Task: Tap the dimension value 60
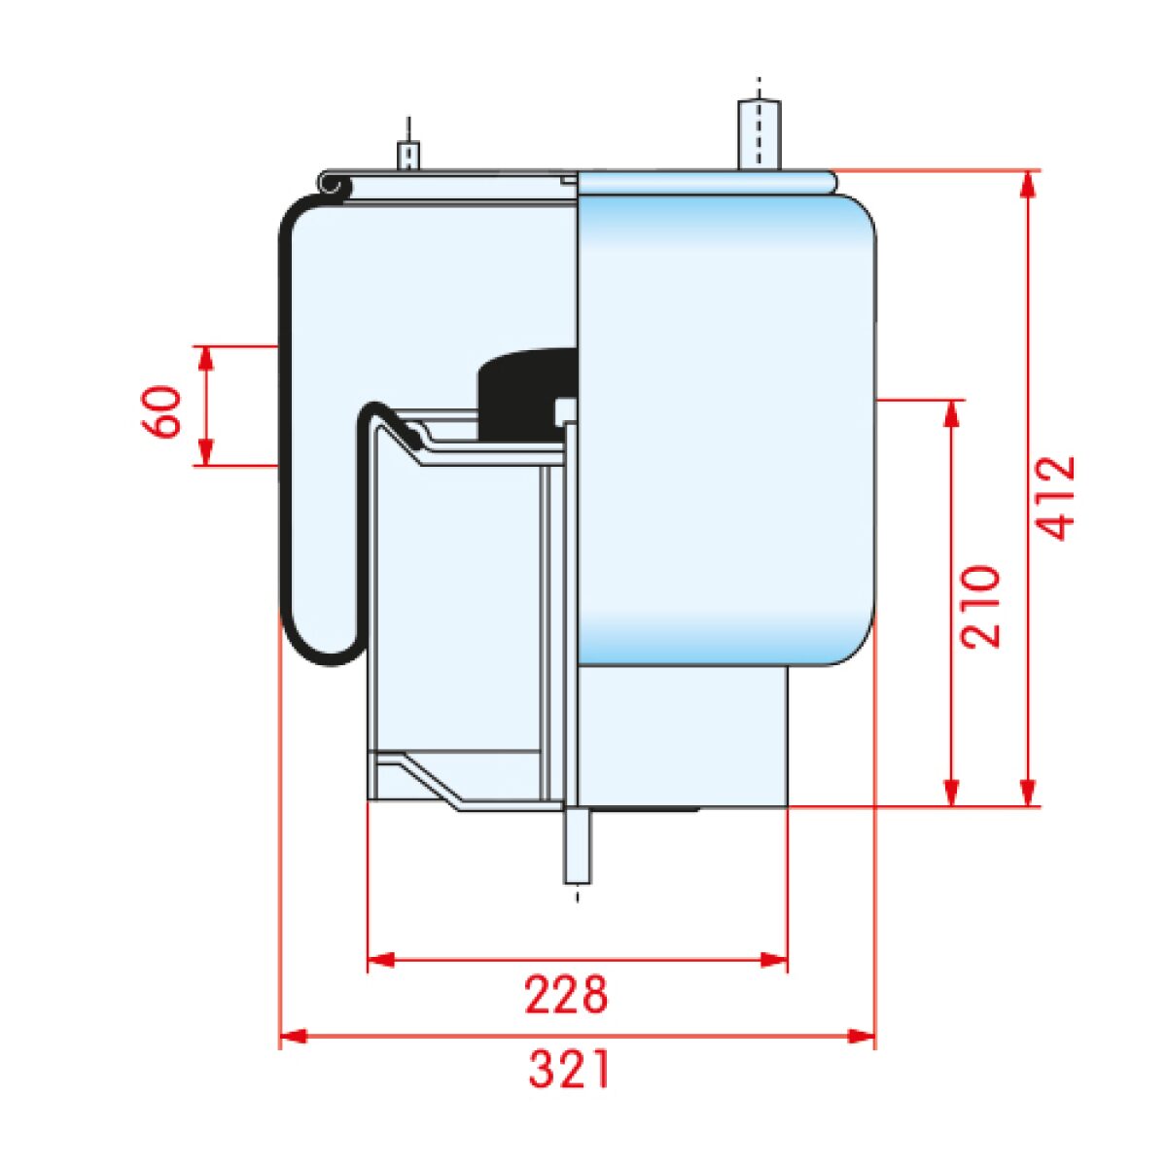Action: point(161,411)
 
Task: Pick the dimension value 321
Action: point(568,1069)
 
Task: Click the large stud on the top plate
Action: point(759,134)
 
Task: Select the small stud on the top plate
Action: point(408,156)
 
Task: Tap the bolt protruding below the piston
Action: point(579,847)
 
